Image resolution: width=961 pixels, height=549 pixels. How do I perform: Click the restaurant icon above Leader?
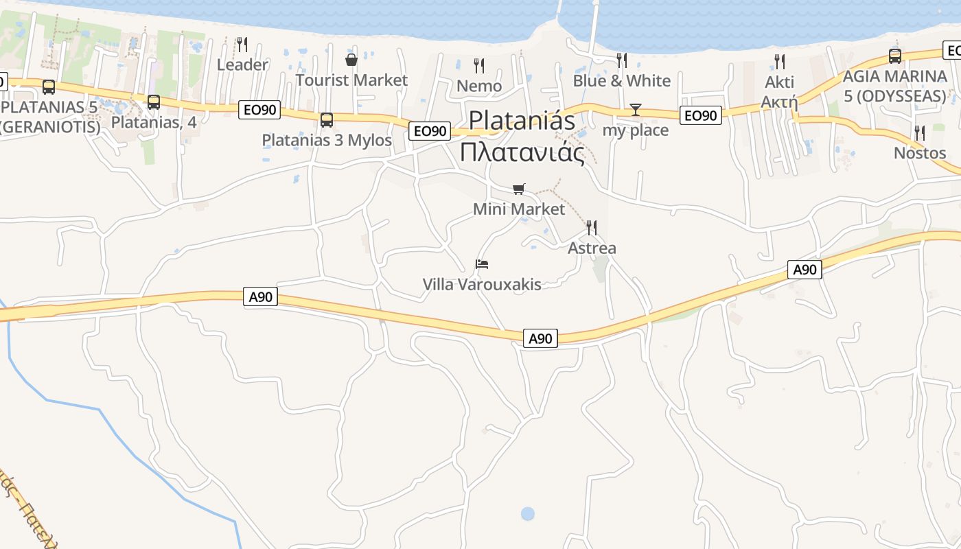point(242,45)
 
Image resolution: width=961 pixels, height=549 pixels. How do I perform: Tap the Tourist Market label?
point(351,80)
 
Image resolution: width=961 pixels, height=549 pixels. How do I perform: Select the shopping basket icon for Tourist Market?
point(351,60)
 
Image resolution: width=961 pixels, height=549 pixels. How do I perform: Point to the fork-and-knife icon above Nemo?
point(479,66)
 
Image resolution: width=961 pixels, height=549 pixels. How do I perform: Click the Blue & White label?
point(621,81)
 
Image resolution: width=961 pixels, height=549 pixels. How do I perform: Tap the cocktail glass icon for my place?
point(636,110)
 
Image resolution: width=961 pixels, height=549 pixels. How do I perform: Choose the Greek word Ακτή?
point(779,103)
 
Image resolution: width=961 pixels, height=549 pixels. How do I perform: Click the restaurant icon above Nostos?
point(920,132)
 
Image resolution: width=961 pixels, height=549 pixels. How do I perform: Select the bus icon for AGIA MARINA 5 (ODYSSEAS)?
point(895,56)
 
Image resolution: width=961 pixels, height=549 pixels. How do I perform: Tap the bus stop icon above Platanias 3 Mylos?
point(327,120)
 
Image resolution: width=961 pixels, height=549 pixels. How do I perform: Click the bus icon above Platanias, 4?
point(154,102)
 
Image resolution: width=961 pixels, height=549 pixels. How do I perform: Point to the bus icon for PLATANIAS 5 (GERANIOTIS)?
point(49,87)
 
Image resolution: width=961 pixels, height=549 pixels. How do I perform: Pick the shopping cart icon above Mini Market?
point(519,189)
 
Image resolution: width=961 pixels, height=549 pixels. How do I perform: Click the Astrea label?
point(592,248)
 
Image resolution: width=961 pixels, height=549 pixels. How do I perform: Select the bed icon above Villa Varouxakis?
point(482,264)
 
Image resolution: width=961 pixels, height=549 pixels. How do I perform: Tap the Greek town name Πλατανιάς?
point(522,152)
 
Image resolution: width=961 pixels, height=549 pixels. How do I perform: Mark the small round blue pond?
point(527,513)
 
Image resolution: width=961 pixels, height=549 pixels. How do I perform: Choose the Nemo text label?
point(479,86)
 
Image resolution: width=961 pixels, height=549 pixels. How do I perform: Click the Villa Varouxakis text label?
point(482,284)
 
